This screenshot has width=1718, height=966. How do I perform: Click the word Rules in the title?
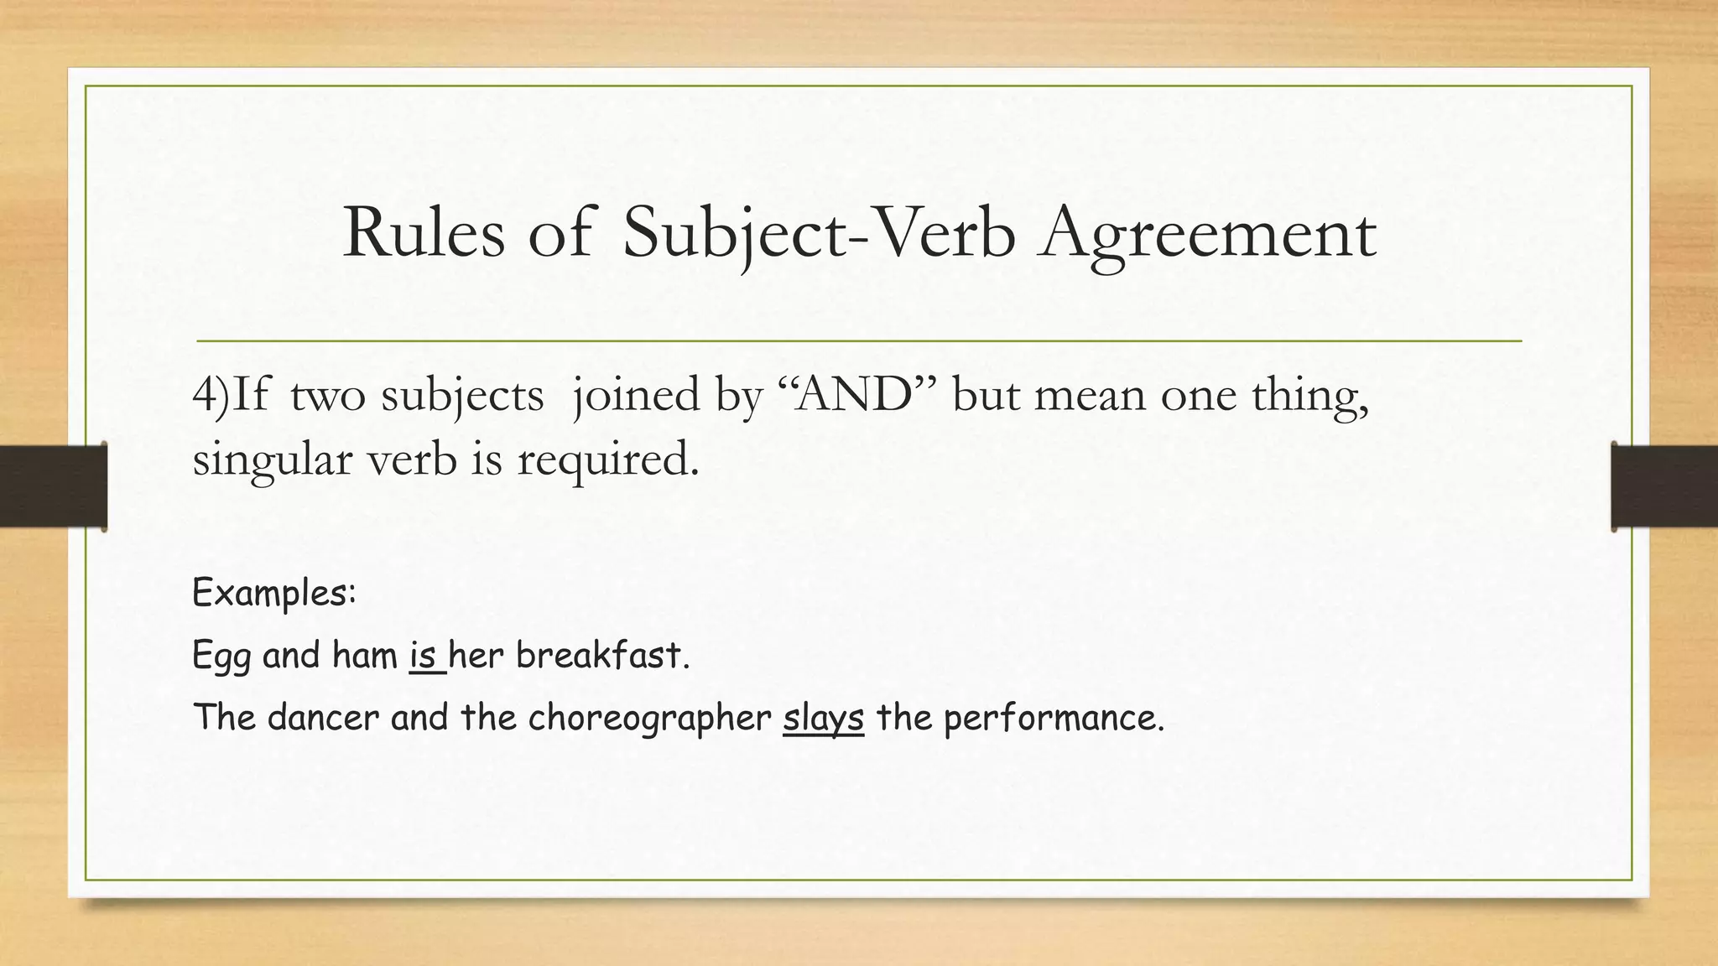pos(424,233)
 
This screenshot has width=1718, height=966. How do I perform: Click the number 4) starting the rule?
pos(210,395)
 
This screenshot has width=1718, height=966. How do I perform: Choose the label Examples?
pos(274,594)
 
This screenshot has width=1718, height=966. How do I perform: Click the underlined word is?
pos(424,655)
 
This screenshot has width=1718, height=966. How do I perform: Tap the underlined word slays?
pos(823,719)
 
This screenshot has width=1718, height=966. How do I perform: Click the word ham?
pos(365,655)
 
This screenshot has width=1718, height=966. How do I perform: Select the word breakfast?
pos(601,655)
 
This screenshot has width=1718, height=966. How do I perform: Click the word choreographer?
pos(649,719)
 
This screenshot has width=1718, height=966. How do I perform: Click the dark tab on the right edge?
pos(1664,486)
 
